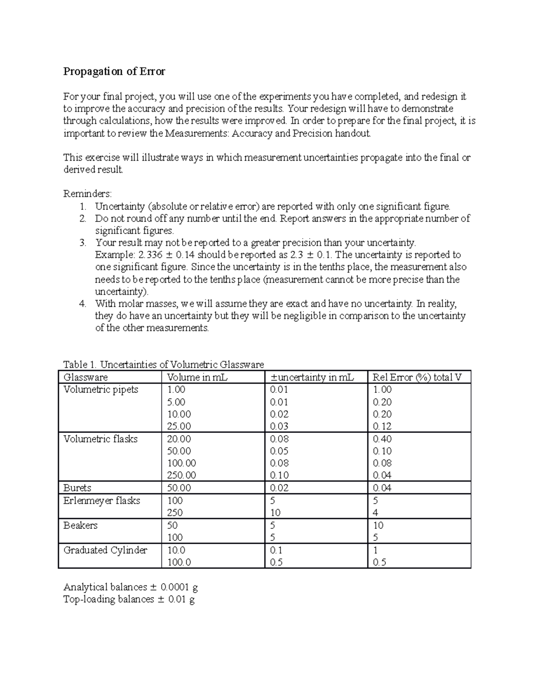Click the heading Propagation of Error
click(114, 72)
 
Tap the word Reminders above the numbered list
click(87, 194)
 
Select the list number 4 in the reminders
click(82, 304)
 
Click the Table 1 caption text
click(163, 364)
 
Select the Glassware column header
click(85, 377)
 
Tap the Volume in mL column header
click(197, 377)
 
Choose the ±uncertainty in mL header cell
click(312, 377)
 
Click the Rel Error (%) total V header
click(417, 377)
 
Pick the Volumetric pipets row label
click(101, 390)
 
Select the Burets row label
click(77, 488)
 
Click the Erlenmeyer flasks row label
click(102, 501)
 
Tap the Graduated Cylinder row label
click(105, 550)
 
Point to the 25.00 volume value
click(179, 426)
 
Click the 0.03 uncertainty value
click(279, 426)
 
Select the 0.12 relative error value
click(382, 426)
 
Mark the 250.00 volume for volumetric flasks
click(181, 475)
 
